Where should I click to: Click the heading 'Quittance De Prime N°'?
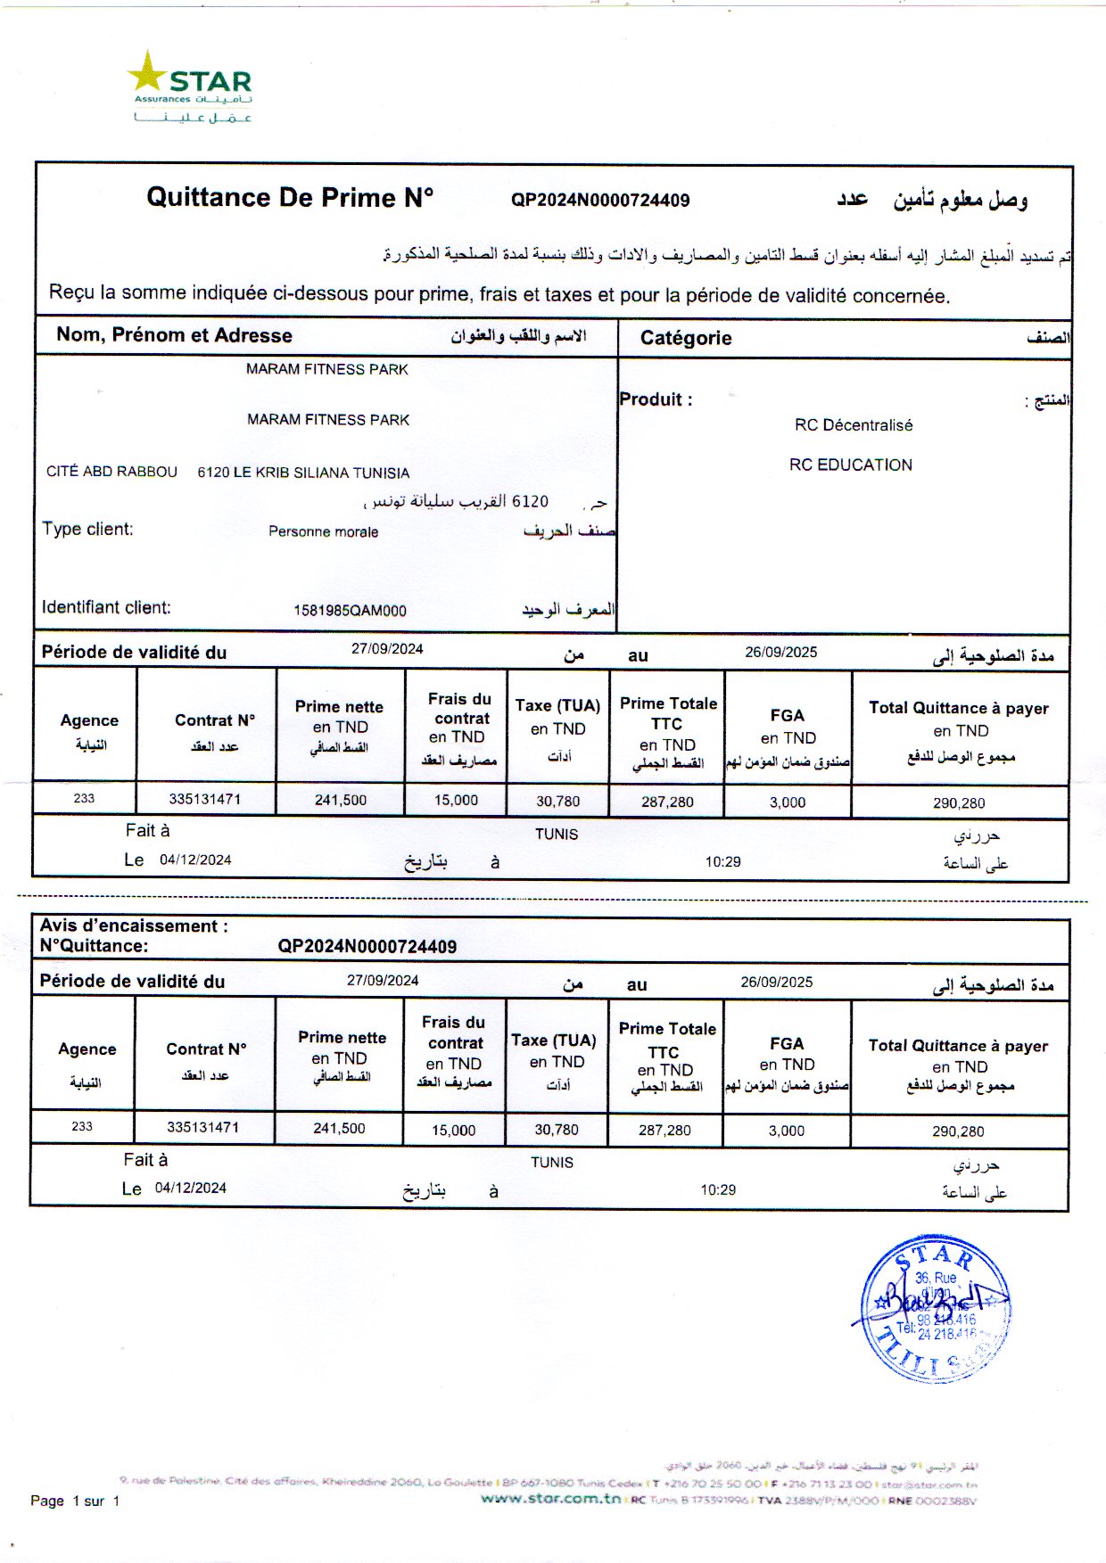coord(290,197)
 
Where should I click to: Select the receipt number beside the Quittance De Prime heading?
coord(599,201)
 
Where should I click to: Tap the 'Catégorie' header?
coord(686,338)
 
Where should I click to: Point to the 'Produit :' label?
coord(656,399)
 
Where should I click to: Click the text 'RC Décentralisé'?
coord(854,425)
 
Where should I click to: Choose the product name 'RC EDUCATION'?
coord(851,465)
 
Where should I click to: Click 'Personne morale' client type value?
coord(323,532)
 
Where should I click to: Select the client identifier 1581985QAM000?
coord(350,611)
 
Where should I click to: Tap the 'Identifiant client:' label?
coord(106,608)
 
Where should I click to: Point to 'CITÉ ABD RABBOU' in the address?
coord(111,472)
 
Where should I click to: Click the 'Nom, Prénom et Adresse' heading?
coord(174,335)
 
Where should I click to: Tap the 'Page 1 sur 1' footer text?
coord(75,1501)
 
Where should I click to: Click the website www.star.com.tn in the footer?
coord(550,1499)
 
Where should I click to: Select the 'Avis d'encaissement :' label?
coord(134,926)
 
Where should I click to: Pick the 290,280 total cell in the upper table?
coord(959,803)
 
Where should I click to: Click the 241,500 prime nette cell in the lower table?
coord(339,1129)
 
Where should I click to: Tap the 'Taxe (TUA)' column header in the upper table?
coord(557,705)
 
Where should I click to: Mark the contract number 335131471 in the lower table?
coord(203,1127)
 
